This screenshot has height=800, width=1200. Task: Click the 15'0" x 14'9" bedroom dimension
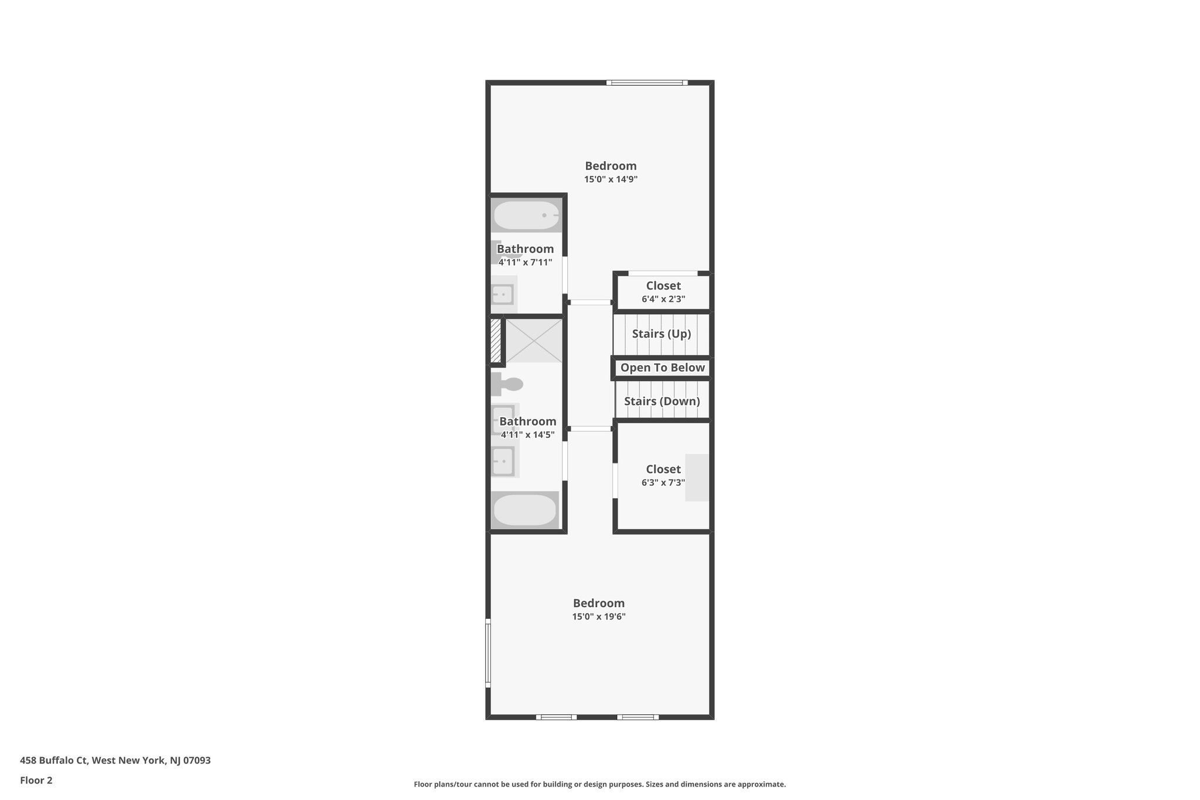(611, 179)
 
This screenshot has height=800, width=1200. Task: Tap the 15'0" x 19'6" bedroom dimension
(599, 617)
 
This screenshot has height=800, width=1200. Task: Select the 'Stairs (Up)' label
(662, 333)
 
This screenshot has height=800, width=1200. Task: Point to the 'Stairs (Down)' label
(662, 401)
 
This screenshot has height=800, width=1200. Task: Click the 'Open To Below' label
(663, 367)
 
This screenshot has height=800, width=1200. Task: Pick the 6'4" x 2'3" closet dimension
(663, 299)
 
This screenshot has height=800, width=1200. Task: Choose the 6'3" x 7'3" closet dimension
(663, 482)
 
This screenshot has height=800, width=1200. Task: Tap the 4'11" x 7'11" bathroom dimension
(526, 262)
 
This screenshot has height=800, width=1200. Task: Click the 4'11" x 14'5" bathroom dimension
(528, 434)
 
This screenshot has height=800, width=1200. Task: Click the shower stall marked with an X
(534, 341)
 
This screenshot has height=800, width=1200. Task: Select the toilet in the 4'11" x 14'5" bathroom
(507, 384)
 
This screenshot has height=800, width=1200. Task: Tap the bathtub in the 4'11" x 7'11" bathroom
(526, 215)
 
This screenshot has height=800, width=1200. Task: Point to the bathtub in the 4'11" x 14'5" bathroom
(525, 510)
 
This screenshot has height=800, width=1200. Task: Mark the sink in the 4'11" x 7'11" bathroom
(503, 294)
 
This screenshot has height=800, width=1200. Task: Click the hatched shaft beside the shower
(496, 341)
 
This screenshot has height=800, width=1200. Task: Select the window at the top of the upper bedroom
(647, 83)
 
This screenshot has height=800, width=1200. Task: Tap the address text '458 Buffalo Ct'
(54, 760)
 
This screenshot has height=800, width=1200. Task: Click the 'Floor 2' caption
(36, 780)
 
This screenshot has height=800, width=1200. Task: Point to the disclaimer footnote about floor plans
(599, 784)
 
